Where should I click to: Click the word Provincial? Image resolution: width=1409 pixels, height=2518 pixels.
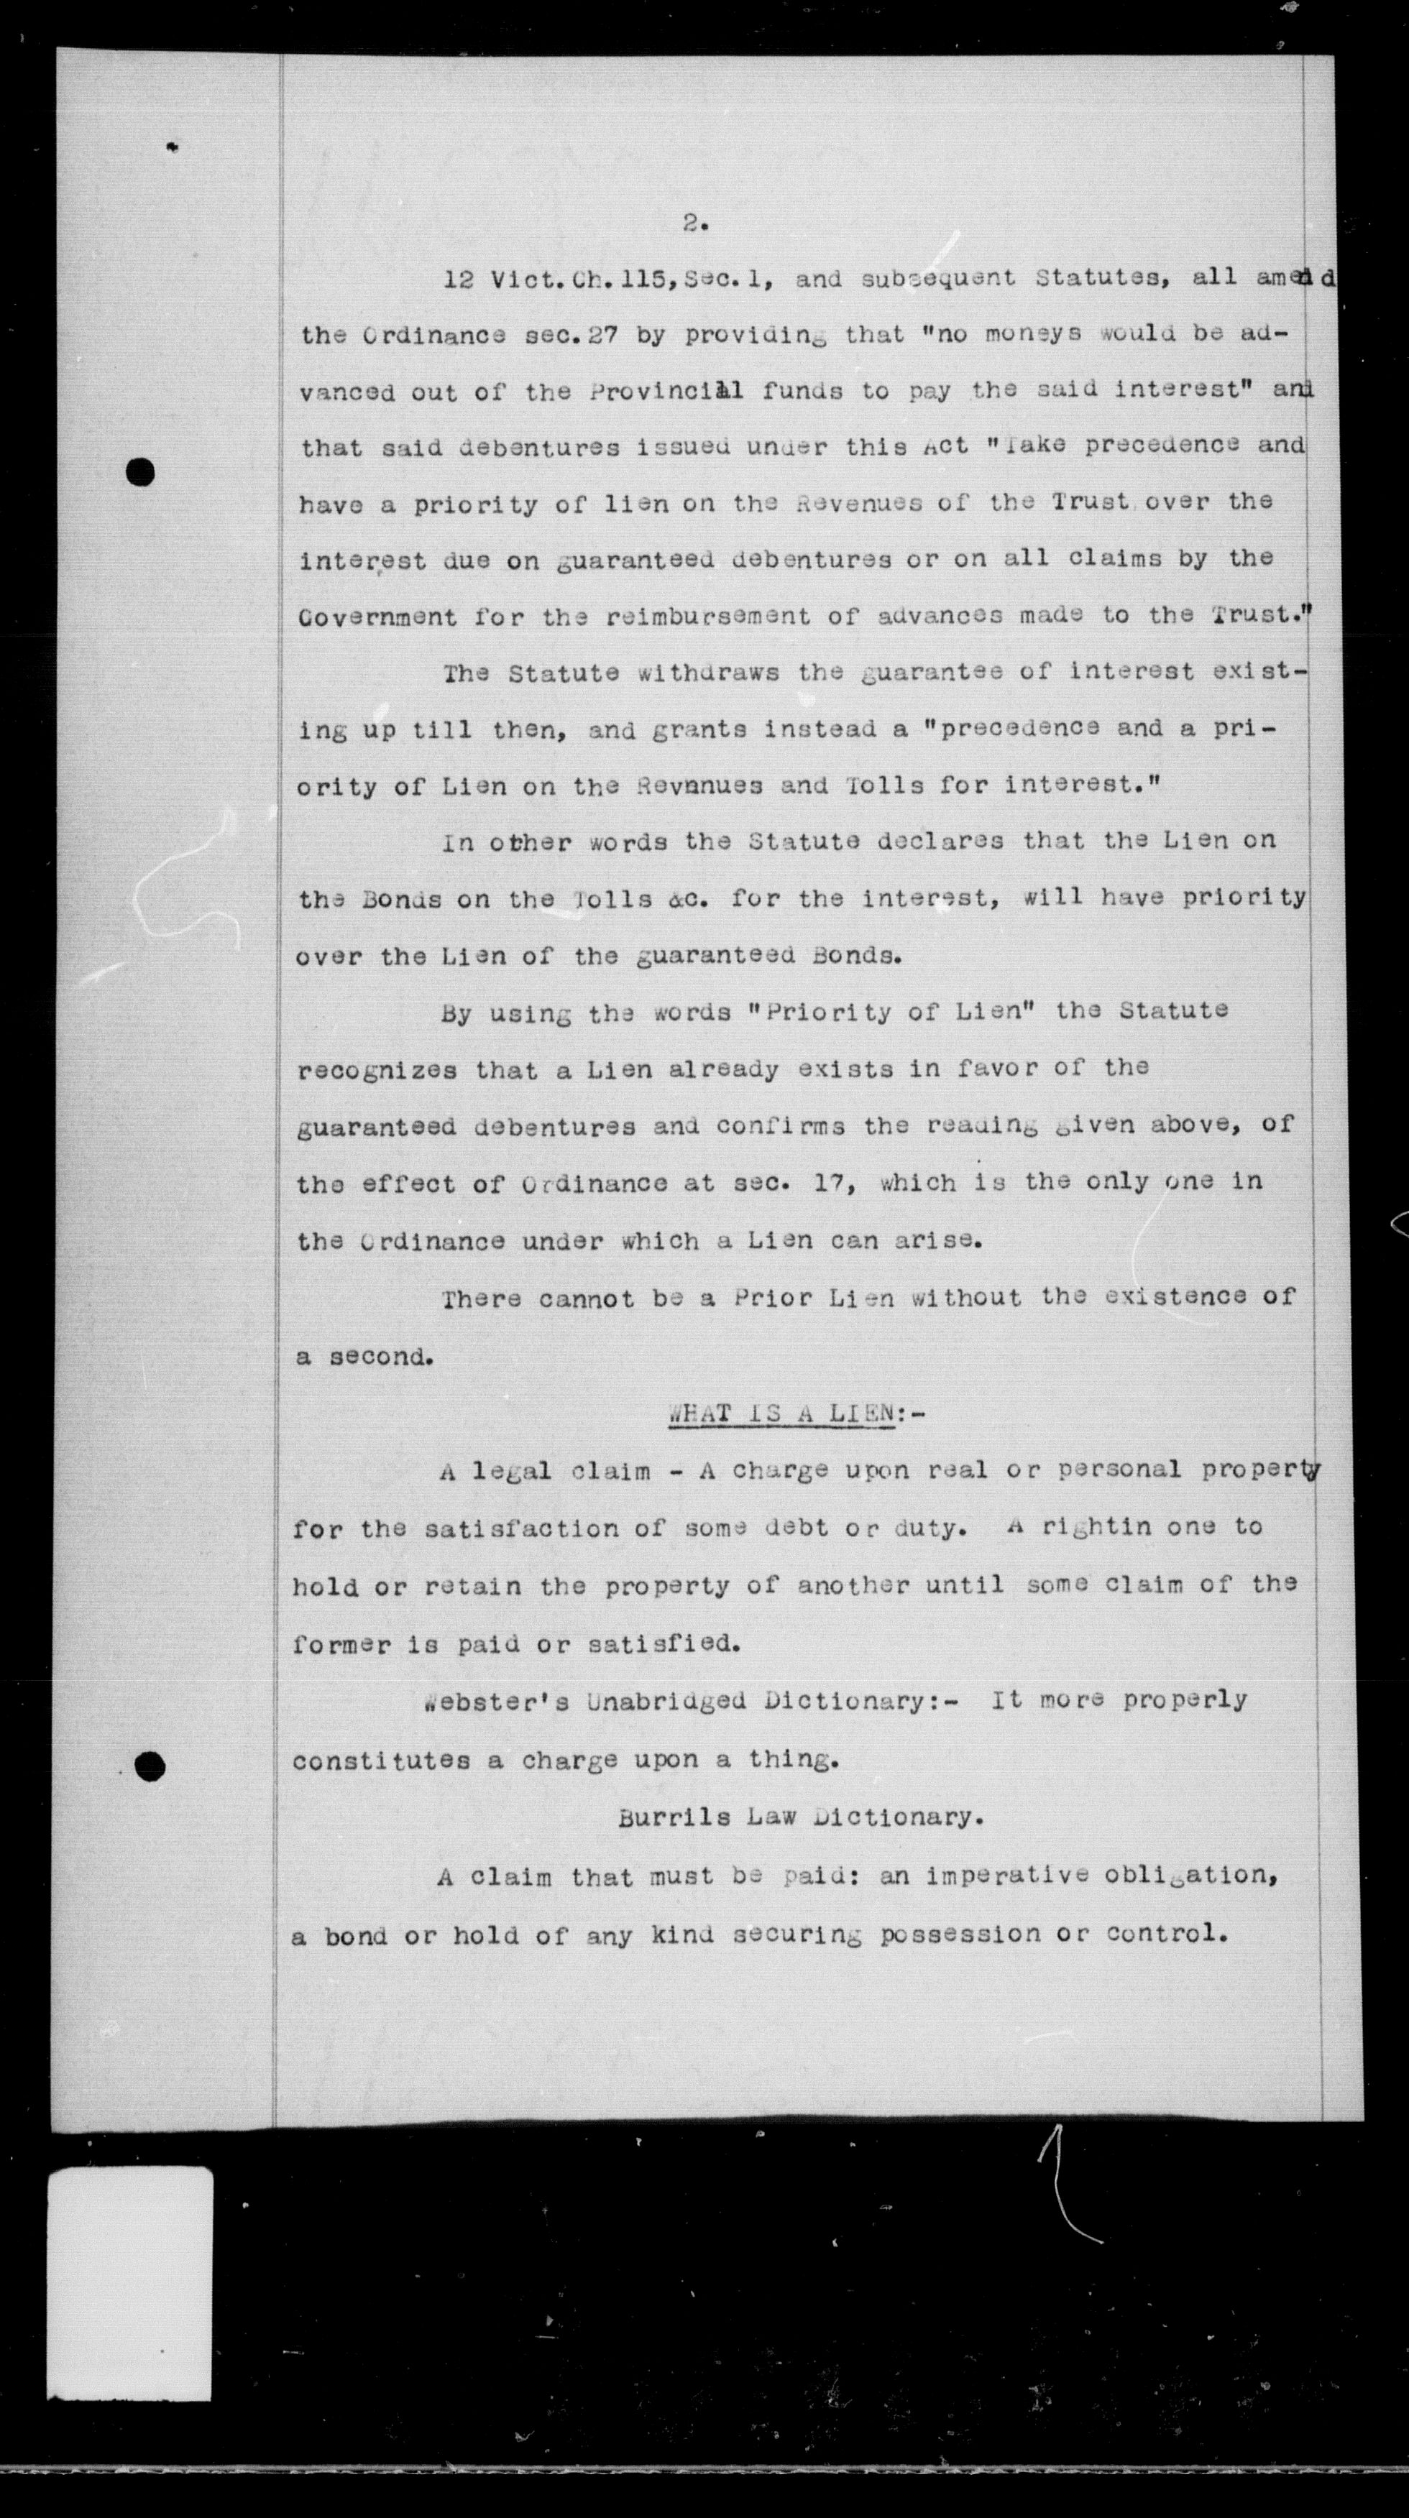(x=667, y=391)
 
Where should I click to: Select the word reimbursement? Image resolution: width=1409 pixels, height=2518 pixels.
(x=707, y=617)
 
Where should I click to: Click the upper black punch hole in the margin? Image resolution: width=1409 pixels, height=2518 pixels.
(x=141, y=473)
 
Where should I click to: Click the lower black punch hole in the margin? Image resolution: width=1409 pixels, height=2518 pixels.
(x=150, y=1766)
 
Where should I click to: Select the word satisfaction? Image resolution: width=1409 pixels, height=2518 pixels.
(x=520, y=1528)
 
